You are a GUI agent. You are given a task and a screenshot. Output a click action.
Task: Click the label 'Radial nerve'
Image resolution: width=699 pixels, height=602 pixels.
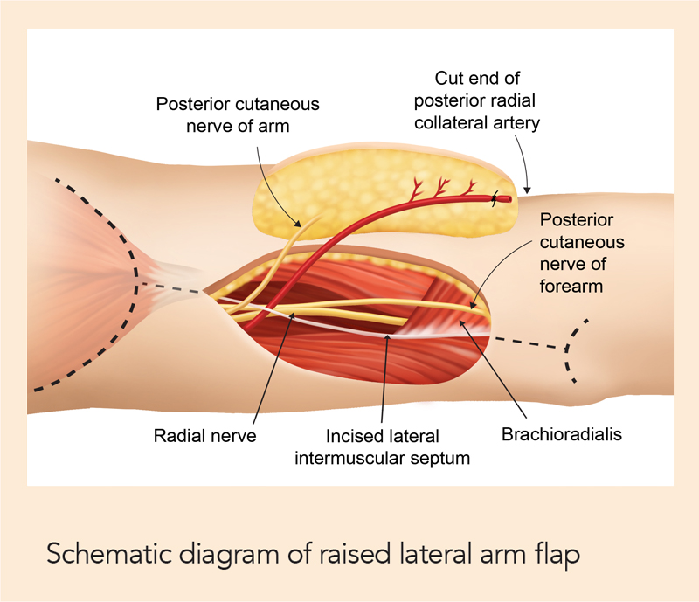pyautogui.click(x=204, y=435)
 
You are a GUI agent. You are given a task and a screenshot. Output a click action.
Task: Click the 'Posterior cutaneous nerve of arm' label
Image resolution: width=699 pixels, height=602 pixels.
pyautogui.click(x=238, y=115)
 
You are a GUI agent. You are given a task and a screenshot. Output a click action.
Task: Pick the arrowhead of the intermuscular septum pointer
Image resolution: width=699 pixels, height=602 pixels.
pyautogui.click(x=388, y=336)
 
